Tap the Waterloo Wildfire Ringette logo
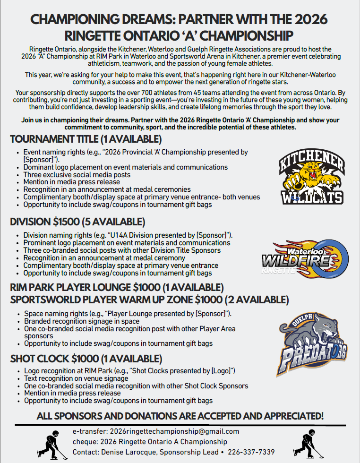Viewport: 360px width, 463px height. (305, 257)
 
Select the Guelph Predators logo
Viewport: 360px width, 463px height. (313, 344)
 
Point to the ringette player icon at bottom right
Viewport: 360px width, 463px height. (308, 443)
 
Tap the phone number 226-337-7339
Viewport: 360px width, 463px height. (251, 452)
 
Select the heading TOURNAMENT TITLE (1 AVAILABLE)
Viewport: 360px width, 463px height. (86, 139)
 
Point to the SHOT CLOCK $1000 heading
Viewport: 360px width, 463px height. (86, 359)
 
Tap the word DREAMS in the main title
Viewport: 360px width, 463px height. (144, 20)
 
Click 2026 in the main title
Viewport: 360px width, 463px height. (308, 20)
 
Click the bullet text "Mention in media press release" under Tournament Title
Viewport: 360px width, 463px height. (72, 182)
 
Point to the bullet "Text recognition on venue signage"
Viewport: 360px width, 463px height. (76, 378)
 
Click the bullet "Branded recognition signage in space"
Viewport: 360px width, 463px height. (82, 321)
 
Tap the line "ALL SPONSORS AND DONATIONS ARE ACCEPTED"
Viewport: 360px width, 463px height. (180, 416)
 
